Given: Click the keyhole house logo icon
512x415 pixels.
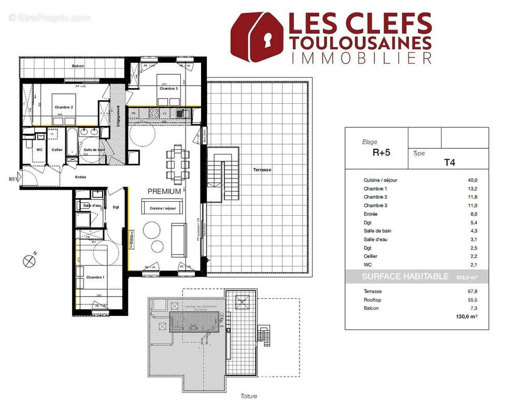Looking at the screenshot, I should tap(257, 37).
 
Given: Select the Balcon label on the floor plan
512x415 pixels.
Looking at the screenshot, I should tap(78, 66).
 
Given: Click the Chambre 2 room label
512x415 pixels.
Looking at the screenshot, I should tap(64, 107).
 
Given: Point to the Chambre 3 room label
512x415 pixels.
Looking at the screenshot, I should tap(168, 89).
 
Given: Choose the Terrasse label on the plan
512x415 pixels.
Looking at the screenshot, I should tap(262, 170).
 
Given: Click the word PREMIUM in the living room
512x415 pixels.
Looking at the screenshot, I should tap(164, 191).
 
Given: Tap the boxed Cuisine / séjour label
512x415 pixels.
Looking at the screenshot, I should tap(163, 208).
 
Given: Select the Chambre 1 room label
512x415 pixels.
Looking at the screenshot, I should tap(95, 277).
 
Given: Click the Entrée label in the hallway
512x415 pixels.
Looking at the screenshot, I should tap(80, 177).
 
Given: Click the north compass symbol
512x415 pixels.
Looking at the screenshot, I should tap(29, 260).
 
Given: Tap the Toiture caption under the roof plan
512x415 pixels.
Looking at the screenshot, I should tap(248, 396).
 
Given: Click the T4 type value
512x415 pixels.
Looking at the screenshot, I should tap(449, 162).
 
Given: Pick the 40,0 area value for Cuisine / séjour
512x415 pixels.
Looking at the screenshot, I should tap(473, 180).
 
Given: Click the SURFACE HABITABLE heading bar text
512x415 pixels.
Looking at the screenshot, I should tap(405, 276).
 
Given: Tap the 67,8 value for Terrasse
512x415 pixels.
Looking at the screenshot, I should tap(473, 292).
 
